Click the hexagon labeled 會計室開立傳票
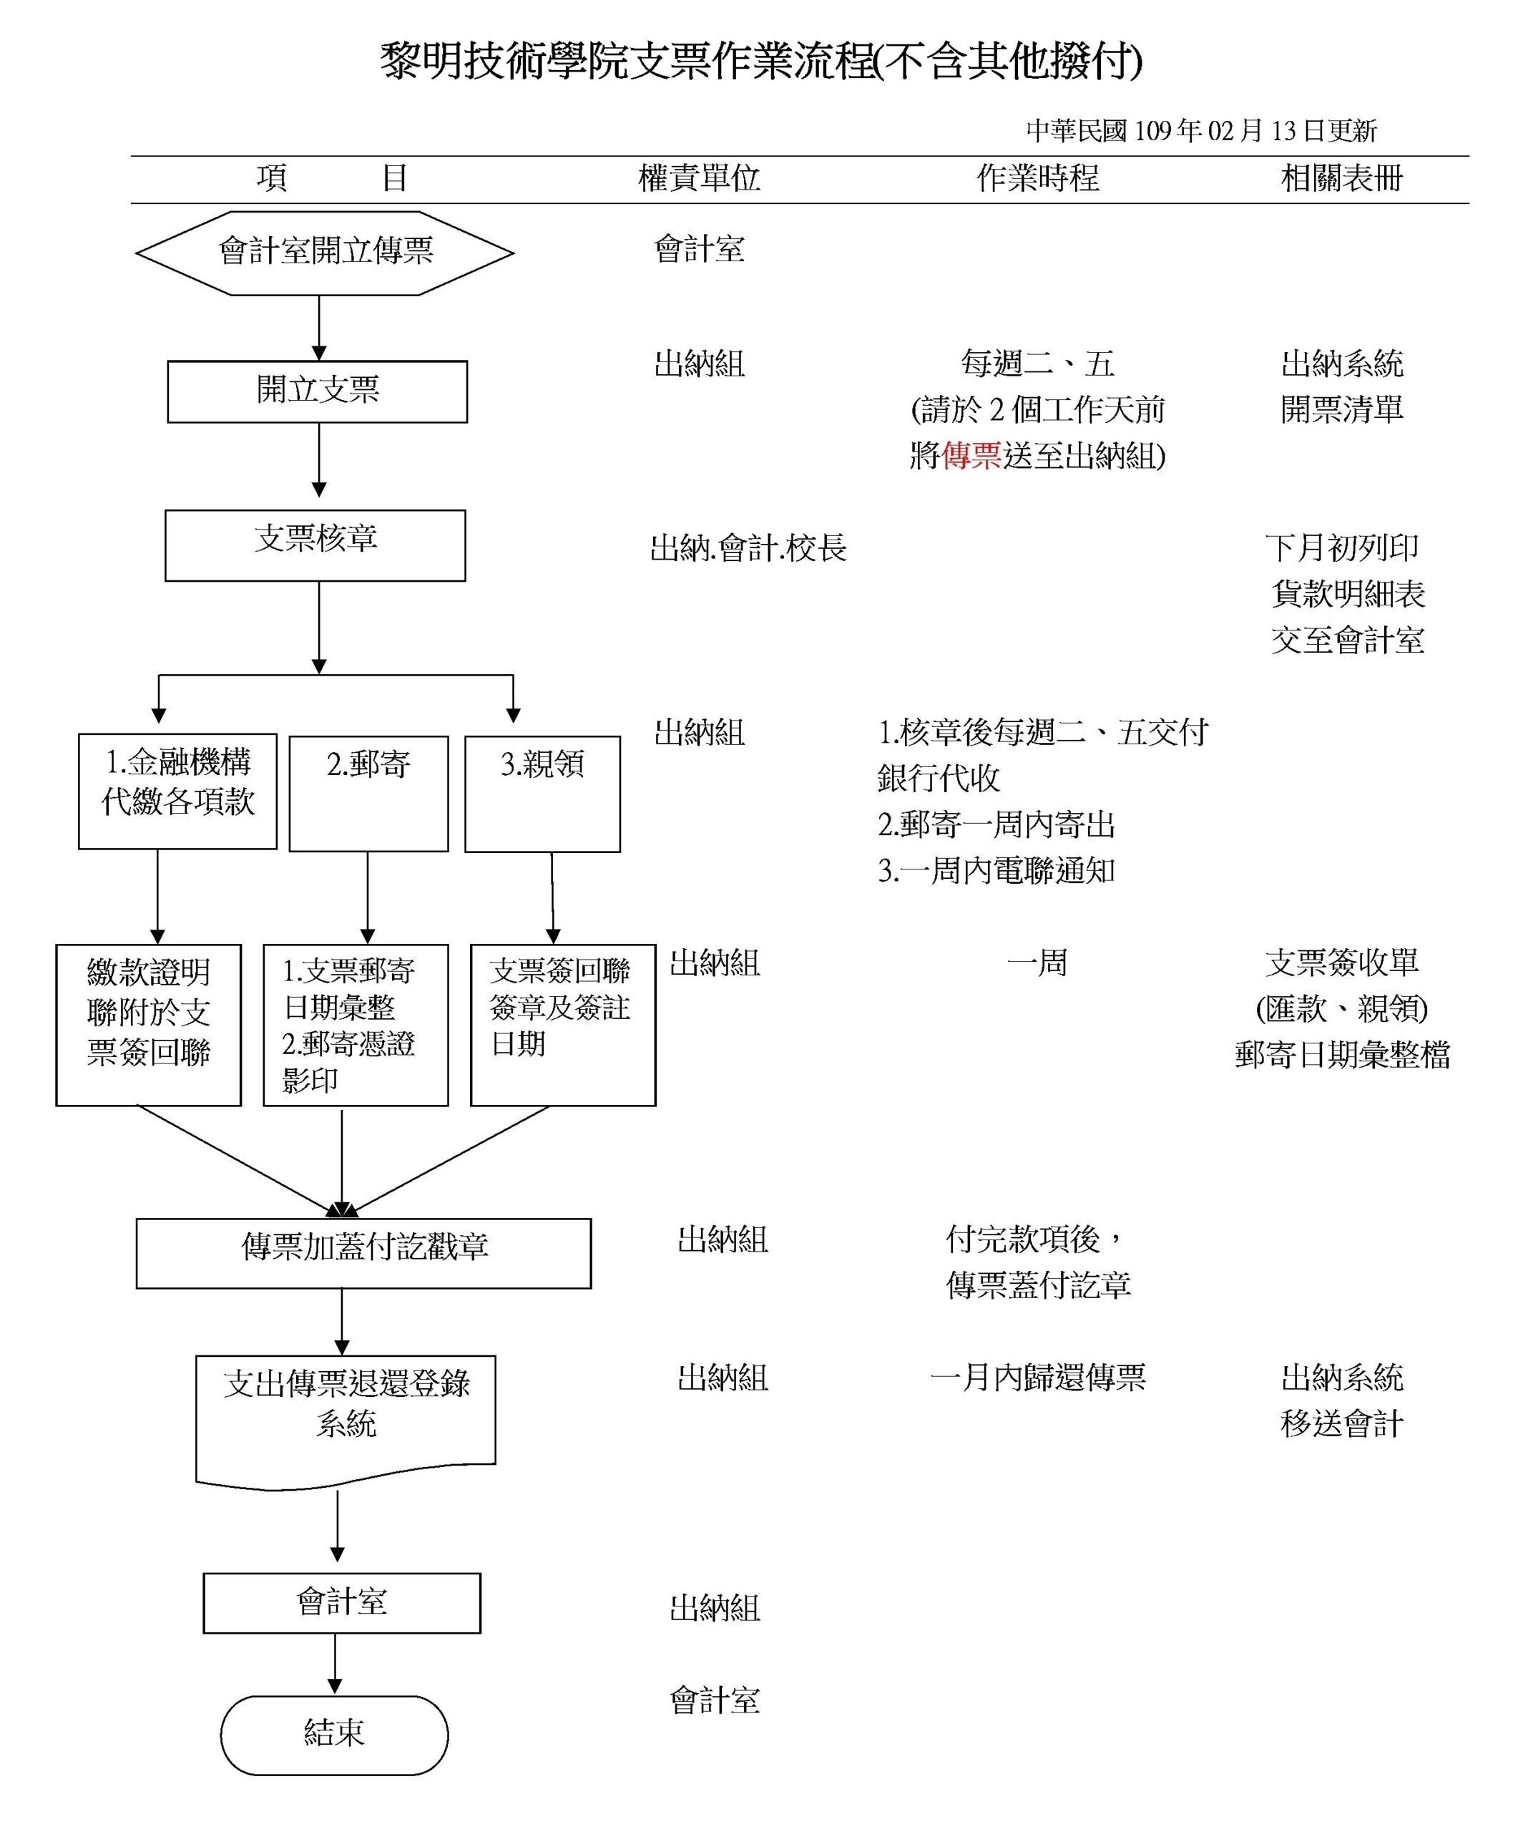click(325, 253)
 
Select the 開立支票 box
click(318, 391)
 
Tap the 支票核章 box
click(315, 545)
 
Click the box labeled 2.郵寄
click(368, 793)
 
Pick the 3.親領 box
click(542, 793)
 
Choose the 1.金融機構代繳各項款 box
click(178, 790)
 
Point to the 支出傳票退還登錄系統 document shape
click(346, 1418)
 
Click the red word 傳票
click(971, 455)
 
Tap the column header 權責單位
click(699, 179)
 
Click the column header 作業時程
click(1037, 179)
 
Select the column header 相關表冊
click(1341, 179)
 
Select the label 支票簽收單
click(1341, 963)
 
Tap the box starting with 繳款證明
click(148, 1025)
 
